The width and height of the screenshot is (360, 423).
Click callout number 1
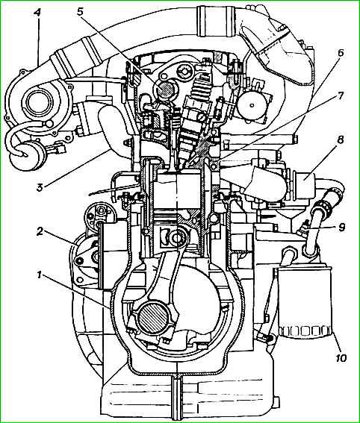pyautogui.click(x=40, y=275)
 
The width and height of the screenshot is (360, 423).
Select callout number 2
pyautogui.click(x=40, y=231)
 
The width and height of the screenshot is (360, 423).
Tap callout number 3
pyautogui.click(x=40, y=187)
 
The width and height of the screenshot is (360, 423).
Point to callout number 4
pyautogui.click(x=37, y=13)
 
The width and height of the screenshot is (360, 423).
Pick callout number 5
pyautogui.click(x=80, y=12)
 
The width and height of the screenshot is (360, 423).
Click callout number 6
pyautogui.click(x=341, y=53)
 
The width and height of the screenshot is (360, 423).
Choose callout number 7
pyautogui.click(x=340, y=95)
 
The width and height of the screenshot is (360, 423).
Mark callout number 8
pyautogui.click(x=341, y=140)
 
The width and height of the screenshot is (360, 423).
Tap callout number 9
pyautogui.click(x=341, y=227)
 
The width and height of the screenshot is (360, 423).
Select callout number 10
pyautogui.click(x=341, y=358)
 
